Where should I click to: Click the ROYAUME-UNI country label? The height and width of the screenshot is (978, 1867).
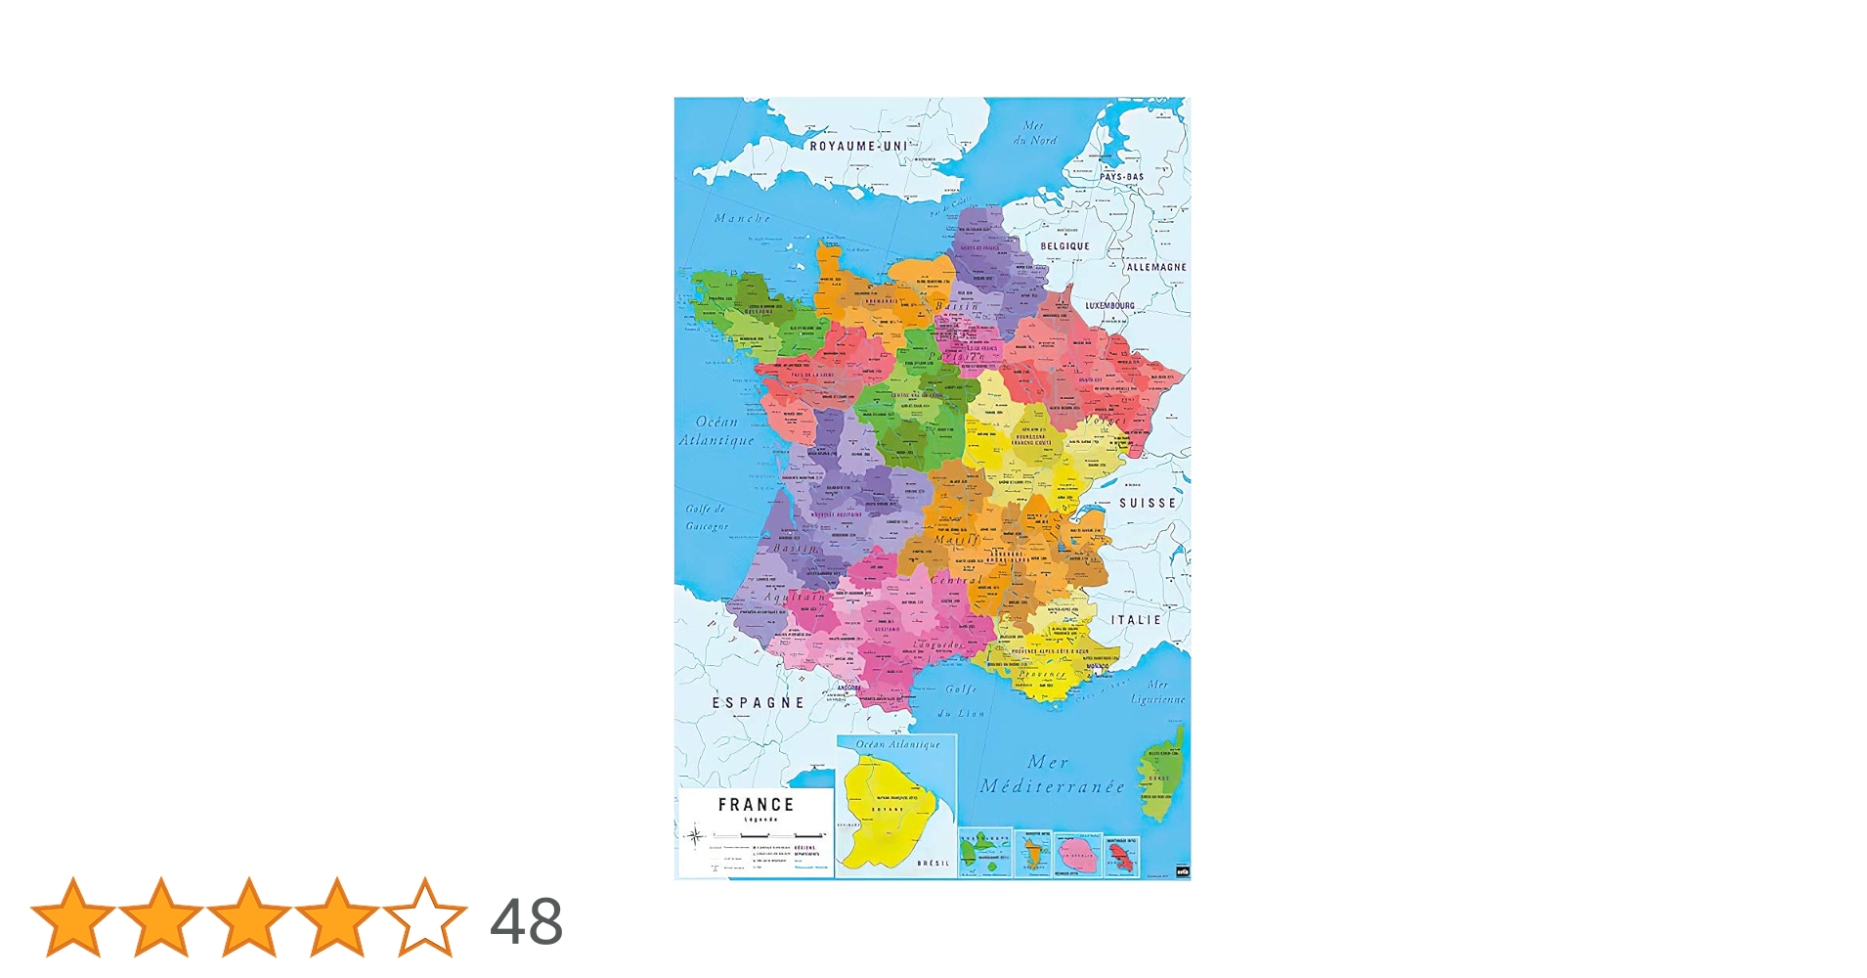point(858,146)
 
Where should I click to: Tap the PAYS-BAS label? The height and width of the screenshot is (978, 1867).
point(1121,177)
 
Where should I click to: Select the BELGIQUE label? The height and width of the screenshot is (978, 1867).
point(1064,246)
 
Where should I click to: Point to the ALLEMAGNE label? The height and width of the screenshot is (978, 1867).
point(1156,267)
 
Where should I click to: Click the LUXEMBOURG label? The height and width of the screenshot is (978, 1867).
point(1109,306)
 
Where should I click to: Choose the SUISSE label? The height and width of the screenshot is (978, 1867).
point(1148,503)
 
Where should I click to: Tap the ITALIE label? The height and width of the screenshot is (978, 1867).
point(1136,620)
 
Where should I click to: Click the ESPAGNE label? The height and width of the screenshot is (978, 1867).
point(758,702)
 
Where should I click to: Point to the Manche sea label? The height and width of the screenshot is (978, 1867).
point(742,218)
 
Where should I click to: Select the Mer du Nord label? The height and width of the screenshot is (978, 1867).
point(1034,133)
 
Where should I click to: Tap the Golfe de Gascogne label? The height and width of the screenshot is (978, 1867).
point(706,517)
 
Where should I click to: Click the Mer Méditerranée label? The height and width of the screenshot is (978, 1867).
point(1051,775)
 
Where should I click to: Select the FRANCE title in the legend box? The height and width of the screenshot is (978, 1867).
point(756,805)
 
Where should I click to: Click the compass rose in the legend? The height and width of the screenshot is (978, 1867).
point(695,836)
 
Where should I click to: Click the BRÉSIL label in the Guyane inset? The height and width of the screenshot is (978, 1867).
point(933,864)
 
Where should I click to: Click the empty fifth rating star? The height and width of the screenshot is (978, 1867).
point(425,918)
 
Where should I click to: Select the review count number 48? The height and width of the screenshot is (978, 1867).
point(526,921)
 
